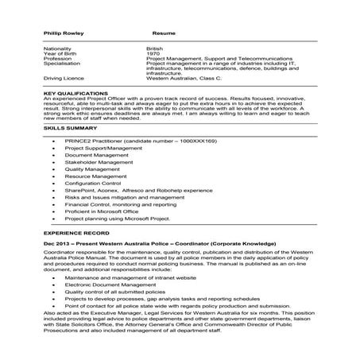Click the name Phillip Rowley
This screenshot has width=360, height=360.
[x=63, y=32]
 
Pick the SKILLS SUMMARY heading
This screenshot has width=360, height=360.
[x=68, y=130]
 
